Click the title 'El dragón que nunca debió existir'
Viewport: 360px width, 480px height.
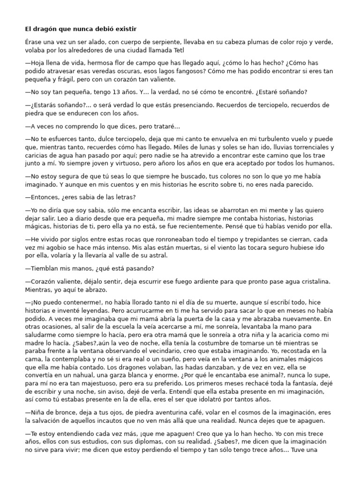pyautogui.click(x=81, y=29)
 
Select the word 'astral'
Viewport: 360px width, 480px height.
pyautogui.click(x=157, y=255)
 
